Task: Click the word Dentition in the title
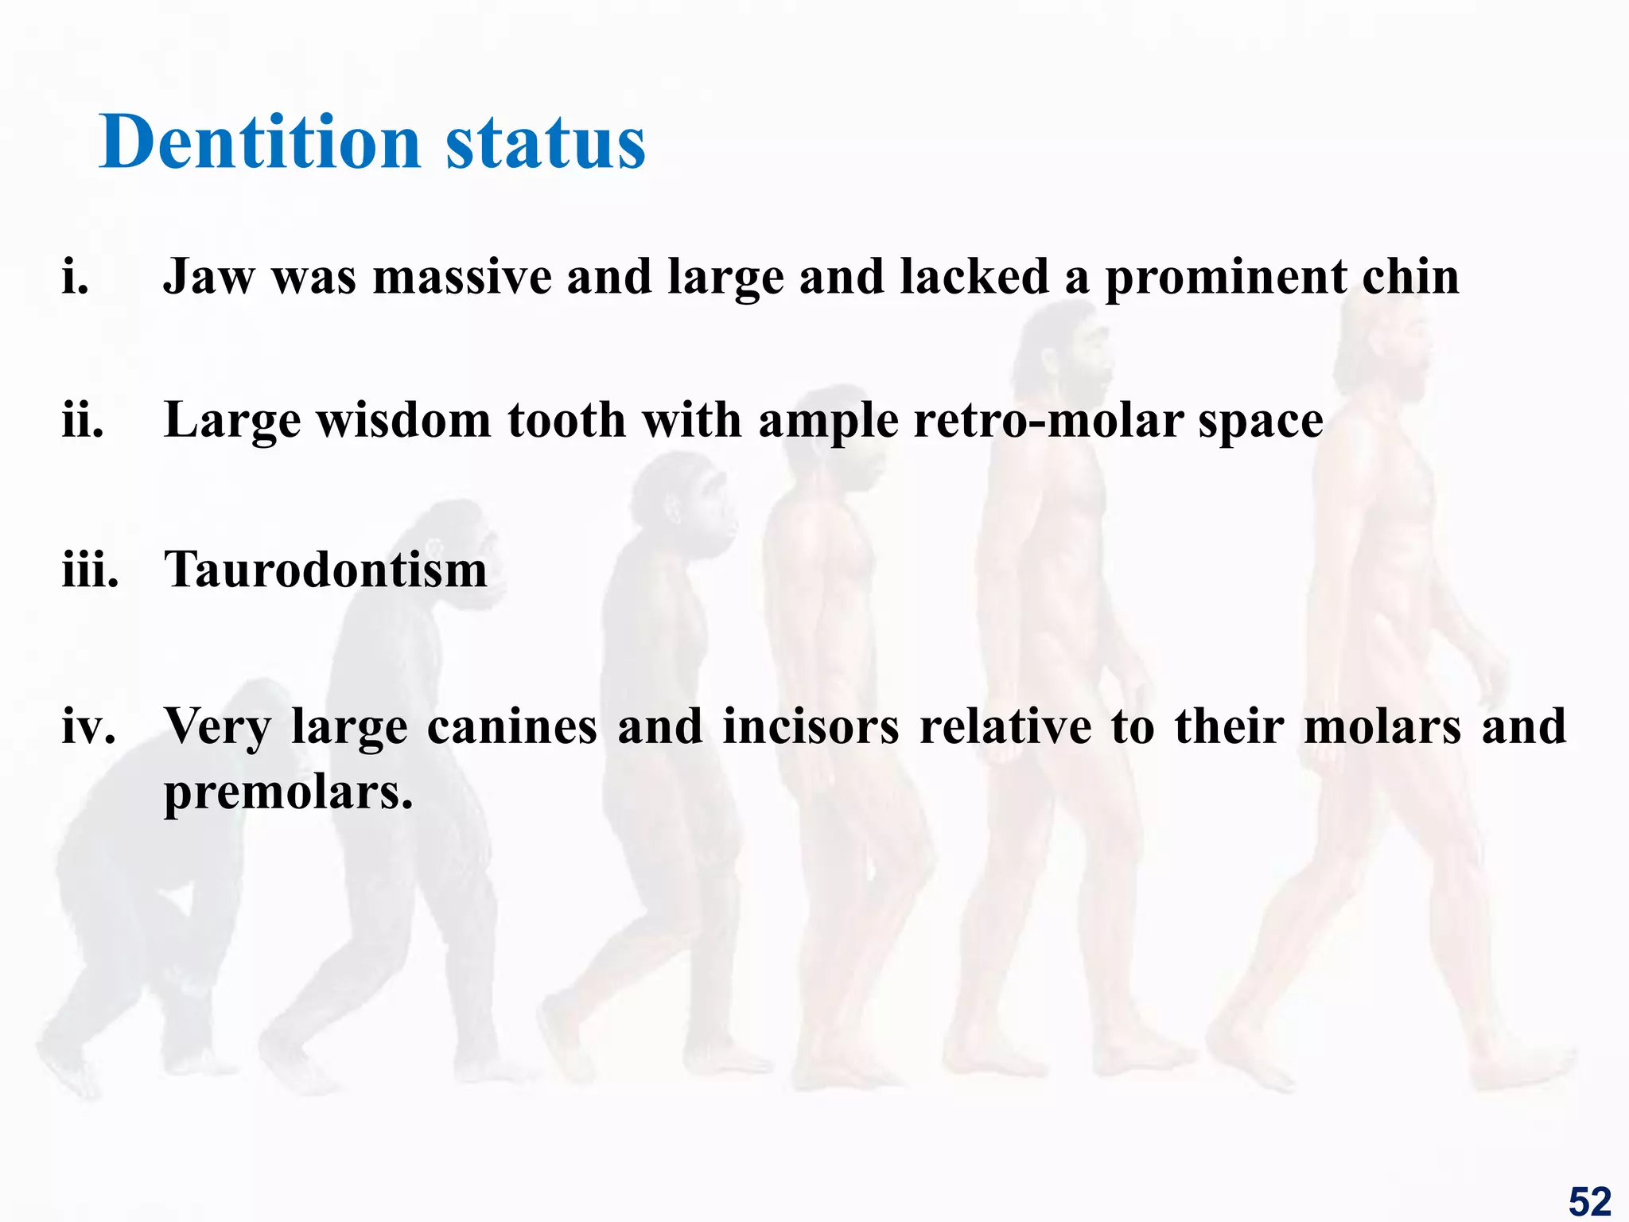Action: (x=259, y=143)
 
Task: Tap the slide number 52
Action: (x=1589, y=1201)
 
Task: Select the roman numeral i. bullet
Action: (x=76, y=278)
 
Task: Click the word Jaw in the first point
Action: (x=208, y=278)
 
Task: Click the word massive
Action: (x=462, y=278)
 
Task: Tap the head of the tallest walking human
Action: (x=1388, y=350)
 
